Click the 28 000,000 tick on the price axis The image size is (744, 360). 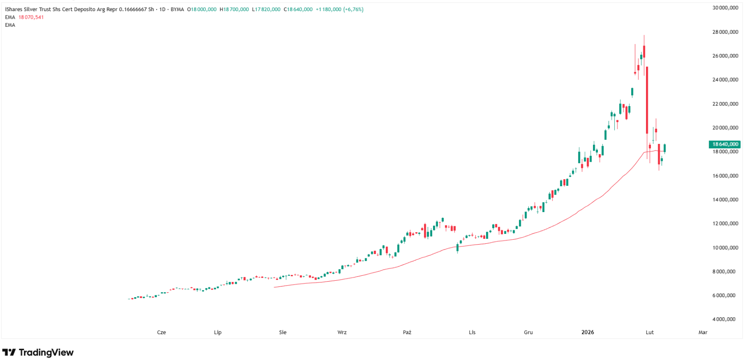coord(725,32)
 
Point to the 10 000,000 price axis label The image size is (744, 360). coord(725,248)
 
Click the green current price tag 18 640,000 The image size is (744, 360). coord(724,144)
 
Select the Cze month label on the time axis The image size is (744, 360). coord(161,332)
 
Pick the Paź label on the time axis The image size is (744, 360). coord(407,332)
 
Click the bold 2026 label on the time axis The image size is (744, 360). coord(588,332)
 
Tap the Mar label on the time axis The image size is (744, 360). coord(703,332)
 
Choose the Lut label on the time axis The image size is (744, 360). coord(650,332)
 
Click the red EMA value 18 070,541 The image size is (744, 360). coord(31,17)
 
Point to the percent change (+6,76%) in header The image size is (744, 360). coord(353,9)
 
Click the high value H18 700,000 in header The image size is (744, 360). coord(234,9)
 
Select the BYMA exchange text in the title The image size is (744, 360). coord(177,9)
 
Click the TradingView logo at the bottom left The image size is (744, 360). coord(38,352)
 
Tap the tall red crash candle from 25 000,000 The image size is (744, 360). coord(647,100)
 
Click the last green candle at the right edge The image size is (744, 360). coord(665,148)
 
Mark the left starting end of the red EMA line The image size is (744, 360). coord(274,287)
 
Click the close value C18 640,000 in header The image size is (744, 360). coord(298,9)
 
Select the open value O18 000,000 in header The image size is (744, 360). coord(202,9)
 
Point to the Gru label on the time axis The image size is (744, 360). coord(528,332)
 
